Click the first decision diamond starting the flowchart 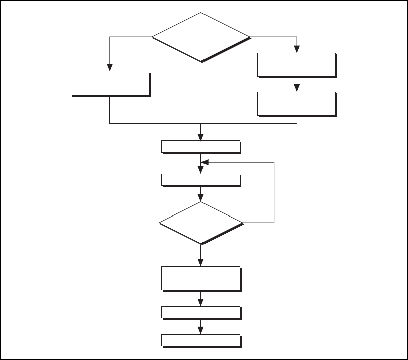click(201, 37)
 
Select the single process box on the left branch click(110, 83)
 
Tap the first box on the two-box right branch click(296, 64)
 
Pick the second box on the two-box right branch click(296, 104)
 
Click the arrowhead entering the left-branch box click(110, 67)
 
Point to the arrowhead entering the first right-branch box click(297, 49)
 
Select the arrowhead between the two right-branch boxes click(297, 88)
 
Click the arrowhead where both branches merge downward click(201, 137)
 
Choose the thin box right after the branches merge click(200, 147)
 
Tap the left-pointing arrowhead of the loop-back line click(205, 163)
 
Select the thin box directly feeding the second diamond click(200, 180)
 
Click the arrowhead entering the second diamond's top click(201, 198)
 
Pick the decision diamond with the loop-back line click(201, 223)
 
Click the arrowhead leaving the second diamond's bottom click(201, 263)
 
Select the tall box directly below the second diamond click(200, 278)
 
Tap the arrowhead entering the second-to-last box click(201, 302)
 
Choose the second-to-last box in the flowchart click(200, 312)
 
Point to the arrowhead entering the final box click(201, 330)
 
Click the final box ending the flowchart click(200, 340)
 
